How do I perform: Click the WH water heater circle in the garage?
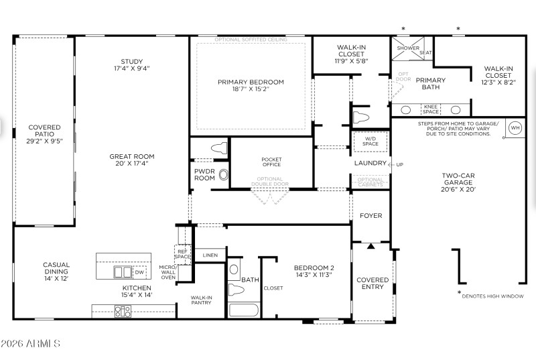(515, 128)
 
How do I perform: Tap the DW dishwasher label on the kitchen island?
(139, 272)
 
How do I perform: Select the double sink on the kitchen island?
(122, 272)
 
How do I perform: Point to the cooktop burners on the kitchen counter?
(123, 310)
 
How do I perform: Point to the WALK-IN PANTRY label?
(201, 300)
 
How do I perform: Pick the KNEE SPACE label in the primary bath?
(431, 109)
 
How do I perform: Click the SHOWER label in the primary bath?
(408, 48)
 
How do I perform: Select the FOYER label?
(371, 216)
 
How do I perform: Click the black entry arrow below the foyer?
(371, 246)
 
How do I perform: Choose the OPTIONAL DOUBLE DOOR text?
(270, 182)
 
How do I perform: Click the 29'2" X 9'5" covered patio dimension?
(44, 141)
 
